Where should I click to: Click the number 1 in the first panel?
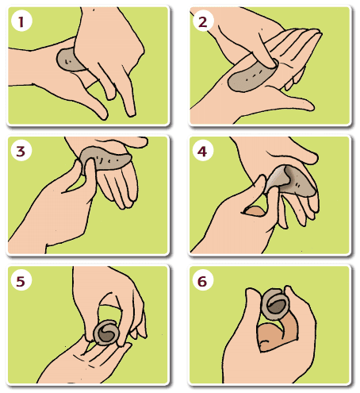coord(21,21)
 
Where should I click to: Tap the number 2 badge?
coord(203,22)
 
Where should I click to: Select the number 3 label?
coord(21,152)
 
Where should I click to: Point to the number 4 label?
coord(202,152)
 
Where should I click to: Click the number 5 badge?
coord(21,281)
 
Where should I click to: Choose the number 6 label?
coord(202,281)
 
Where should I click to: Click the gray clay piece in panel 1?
coord(69,60)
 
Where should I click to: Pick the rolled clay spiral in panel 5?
coord(106,333)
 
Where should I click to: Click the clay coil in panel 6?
coord(275,303)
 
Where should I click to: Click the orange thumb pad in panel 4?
coord(255,211)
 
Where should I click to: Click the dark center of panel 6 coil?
coord(277,307)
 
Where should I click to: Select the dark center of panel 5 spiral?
coord(107,336)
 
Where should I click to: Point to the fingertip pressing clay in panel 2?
coord(272,64)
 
